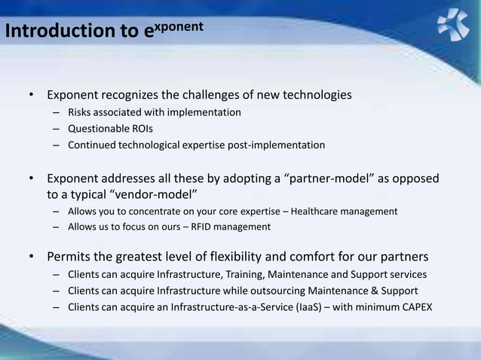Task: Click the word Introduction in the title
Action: (x=47, y=31)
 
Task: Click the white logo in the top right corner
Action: (x=452, y=23)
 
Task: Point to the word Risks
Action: (x=81, y=112)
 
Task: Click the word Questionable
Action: (x=98, y=128)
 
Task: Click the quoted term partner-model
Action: (x=327, y=178)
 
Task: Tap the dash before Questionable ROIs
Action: (x=56, y=129)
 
